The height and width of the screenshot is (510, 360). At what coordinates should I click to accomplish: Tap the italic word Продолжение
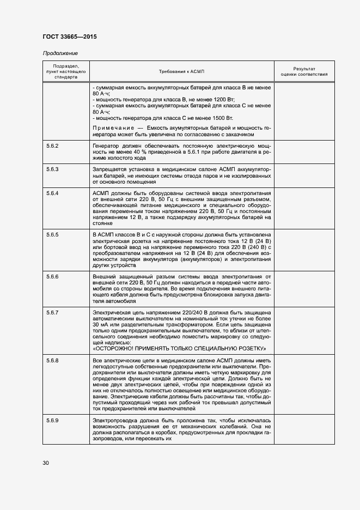(x=60, y=53)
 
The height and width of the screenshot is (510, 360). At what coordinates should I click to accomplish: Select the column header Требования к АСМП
(x=181, y=72)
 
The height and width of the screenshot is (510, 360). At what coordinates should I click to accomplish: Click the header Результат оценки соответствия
(x=304, y=72)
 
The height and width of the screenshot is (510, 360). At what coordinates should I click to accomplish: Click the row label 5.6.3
(x=53, y=169)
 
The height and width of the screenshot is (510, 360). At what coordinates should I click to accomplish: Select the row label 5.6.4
(x=53, y=193)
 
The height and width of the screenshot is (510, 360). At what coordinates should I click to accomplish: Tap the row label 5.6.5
(x=53, y=234)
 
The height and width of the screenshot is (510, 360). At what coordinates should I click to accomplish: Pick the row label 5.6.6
(x=53, y=277)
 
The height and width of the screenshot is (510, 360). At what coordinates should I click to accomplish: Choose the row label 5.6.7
(x=53, y=312)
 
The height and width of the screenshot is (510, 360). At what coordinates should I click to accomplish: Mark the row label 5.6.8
(x=53, y=361)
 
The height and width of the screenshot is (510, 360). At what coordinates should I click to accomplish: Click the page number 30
(x=46, y=463)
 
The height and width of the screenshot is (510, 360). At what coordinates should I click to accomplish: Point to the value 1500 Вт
(x=221, y=118)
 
